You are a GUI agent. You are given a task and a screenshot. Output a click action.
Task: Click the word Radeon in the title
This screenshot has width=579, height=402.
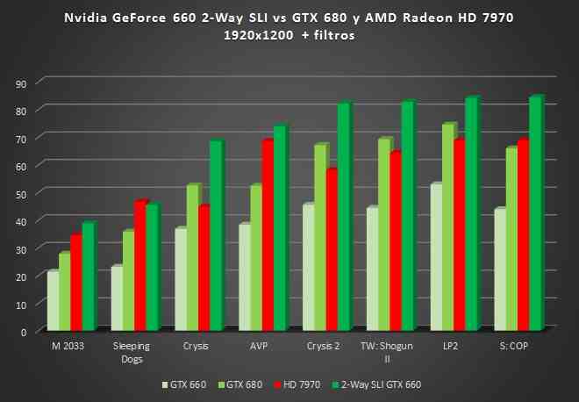(432, 18)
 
